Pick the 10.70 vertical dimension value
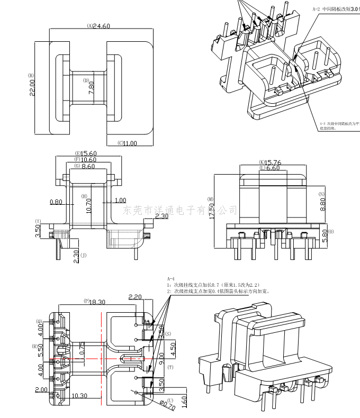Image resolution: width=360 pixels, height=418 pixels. point(88,203)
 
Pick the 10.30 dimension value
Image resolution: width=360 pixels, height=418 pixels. point(79,395)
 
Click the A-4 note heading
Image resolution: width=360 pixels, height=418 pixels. point(170,278)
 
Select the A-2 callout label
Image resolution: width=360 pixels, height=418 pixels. point(317,9)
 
